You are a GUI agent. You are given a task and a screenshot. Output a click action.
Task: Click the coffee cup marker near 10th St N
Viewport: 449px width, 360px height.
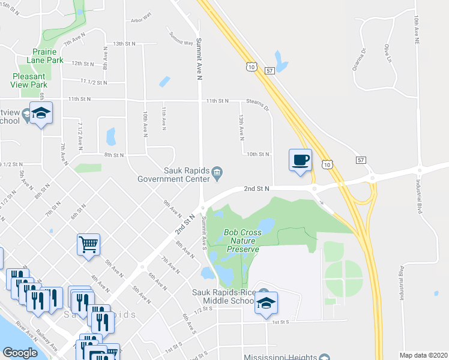coord(301,161)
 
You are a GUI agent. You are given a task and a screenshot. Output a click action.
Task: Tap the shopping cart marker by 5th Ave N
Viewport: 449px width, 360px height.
coord(88,245)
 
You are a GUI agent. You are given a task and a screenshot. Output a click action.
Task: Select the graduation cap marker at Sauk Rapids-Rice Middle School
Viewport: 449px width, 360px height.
coord(265,303)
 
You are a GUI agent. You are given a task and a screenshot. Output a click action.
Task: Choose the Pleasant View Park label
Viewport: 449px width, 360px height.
coord(29,80)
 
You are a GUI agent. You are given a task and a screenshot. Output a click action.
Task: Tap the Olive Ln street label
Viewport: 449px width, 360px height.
coord(388,53)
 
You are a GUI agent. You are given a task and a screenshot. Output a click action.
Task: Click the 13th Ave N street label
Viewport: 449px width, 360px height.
coord(242,125)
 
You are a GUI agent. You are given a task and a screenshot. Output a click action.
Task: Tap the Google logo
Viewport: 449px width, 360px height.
coord(20,353)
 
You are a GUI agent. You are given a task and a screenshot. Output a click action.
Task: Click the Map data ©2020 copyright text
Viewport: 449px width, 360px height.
coord(424,355)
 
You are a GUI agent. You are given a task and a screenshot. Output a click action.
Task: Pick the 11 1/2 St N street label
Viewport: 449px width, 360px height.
coord(93,82)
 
